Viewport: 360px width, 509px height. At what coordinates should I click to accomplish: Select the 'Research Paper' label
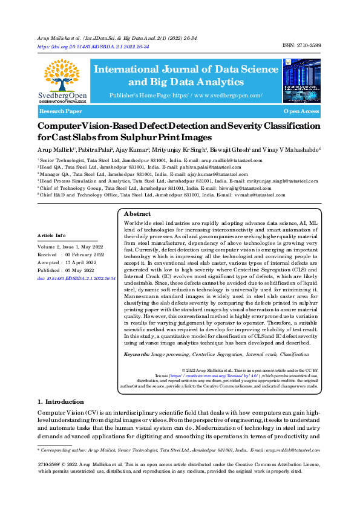coord(61,112)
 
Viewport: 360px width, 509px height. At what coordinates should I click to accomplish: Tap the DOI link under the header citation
coord(93,46)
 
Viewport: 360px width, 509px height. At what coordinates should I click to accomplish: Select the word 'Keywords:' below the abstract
coord(137,354)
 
